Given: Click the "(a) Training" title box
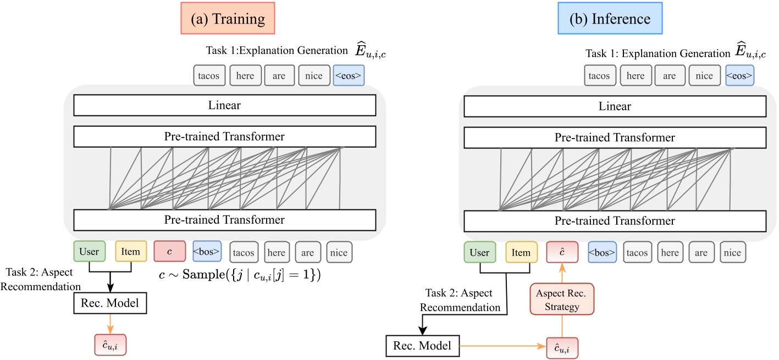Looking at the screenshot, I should (228, 19).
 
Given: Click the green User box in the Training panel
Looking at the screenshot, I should (89, 252).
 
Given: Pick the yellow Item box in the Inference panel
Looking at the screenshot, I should (521, 253).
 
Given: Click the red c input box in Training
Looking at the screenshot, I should (169, 252).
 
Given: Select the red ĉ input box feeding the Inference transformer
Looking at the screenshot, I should (562, 253).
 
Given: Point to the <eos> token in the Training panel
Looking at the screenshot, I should (349, 76).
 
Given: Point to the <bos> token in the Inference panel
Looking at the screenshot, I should (602, 253).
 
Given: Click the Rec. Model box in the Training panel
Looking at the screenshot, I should (110, 302).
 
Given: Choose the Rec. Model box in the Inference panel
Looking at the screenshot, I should (421, 346).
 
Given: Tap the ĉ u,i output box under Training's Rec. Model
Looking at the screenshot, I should (110, 345).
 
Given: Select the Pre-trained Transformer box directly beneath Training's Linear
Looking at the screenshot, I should (224, 136).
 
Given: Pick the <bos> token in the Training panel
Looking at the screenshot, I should (207, 252).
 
